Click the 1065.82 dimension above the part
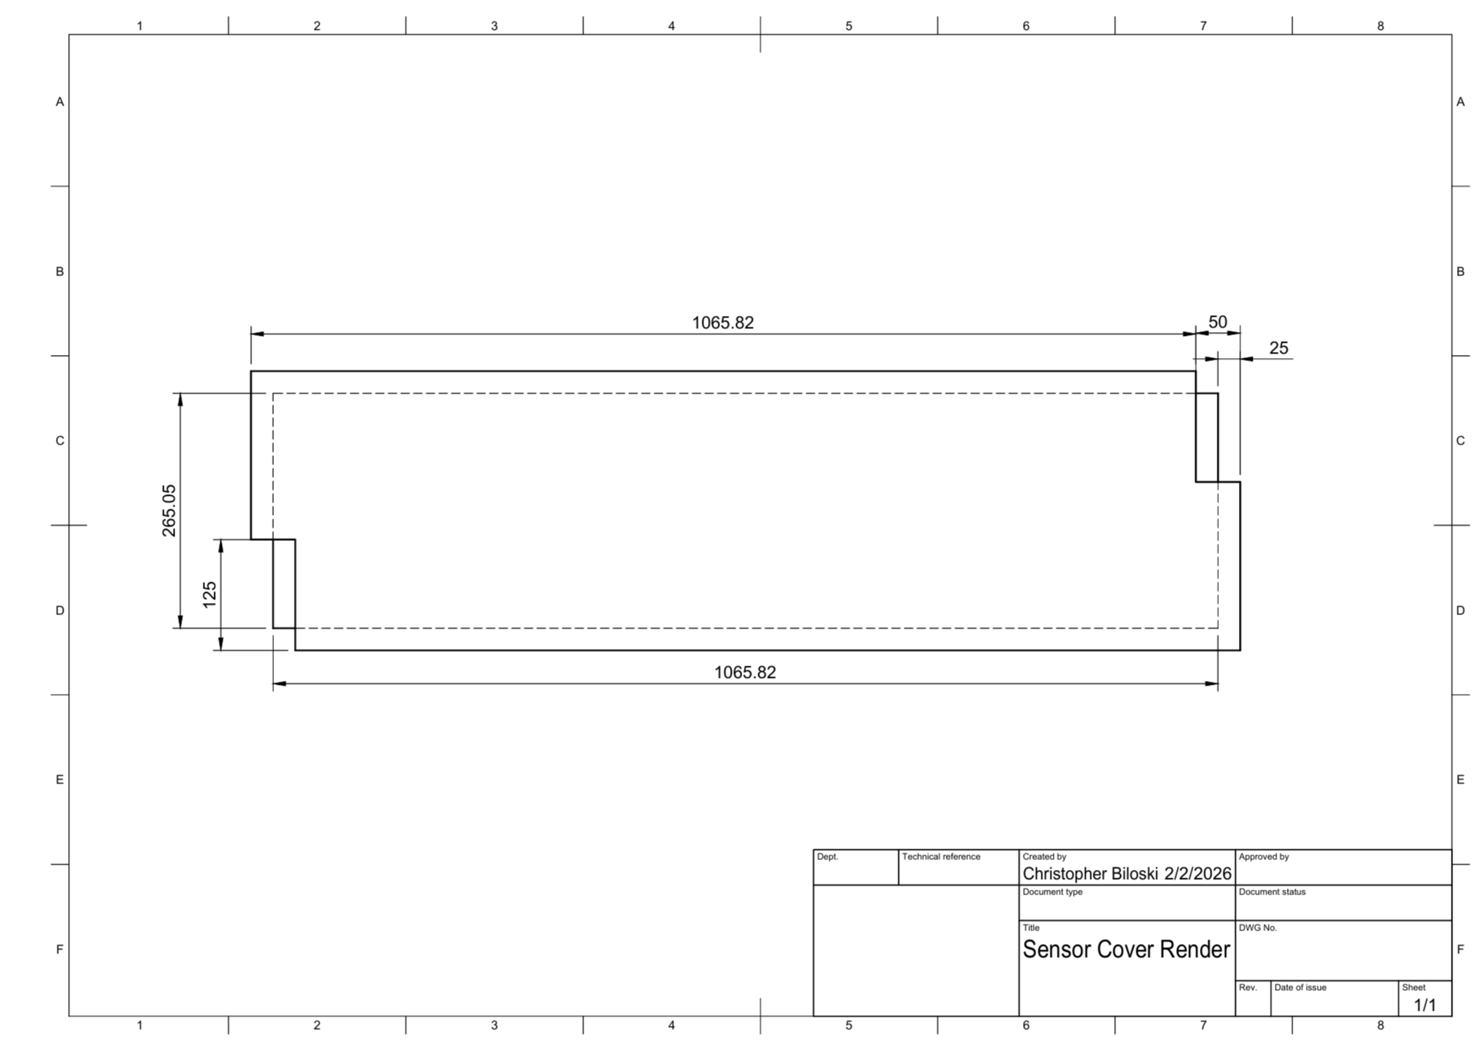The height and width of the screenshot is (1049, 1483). pyautogui.click(x=722, y=323)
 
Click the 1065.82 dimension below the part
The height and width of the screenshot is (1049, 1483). pyautogui.click(x=745, y=673)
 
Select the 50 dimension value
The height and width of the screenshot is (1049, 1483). pyautogui.click(x=1217, y=322)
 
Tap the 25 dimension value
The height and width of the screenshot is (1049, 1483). pyautogui.click(x=1279, y=348)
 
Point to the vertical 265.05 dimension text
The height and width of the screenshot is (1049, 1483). pyautogui.click(x=169, y=510)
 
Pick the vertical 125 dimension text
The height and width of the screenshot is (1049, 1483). pyautogui.click(x=210, y=595)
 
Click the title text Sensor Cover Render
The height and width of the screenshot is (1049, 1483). pyautogui.click(x=1126, y=950)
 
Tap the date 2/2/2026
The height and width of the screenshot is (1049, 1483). pyautogui.click(x=1198, y=874)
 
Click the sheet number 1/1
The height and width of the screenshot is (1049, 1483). pyautogui.click(x=1425, y=1005)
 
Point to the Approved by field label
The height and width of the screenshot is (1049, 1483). pyautogui.click(x=1263, y=857)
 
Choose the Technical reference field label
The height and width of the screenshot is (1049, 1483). pyautogui.click(x=940, y=857)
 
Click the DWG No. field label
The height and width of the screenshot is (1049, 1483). pyautogui.click(x=1257, y=928)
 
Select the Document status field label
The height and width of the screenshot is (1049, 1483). pyautogui.click(x=1272, y=892)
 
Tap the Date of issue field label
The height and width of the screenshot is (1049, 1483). pyautogui.click(x=1300, y=988)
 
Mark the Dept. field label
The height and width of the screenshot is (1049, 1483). pyautogui.click(x=827, y=857)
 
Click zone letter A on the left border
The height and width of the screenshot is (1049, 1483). pyautogui.click(x=60, y=102)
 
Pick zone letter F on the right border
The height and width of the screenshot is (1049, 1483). pyautogui.click(x=1460, y=950)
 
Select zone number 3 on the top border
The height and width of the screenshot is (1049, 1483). pyautogui.click(x=494, y=26)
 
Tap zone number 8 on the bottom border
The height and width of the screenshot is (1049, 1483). pyautogui.click(x=1380, y=1025)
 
